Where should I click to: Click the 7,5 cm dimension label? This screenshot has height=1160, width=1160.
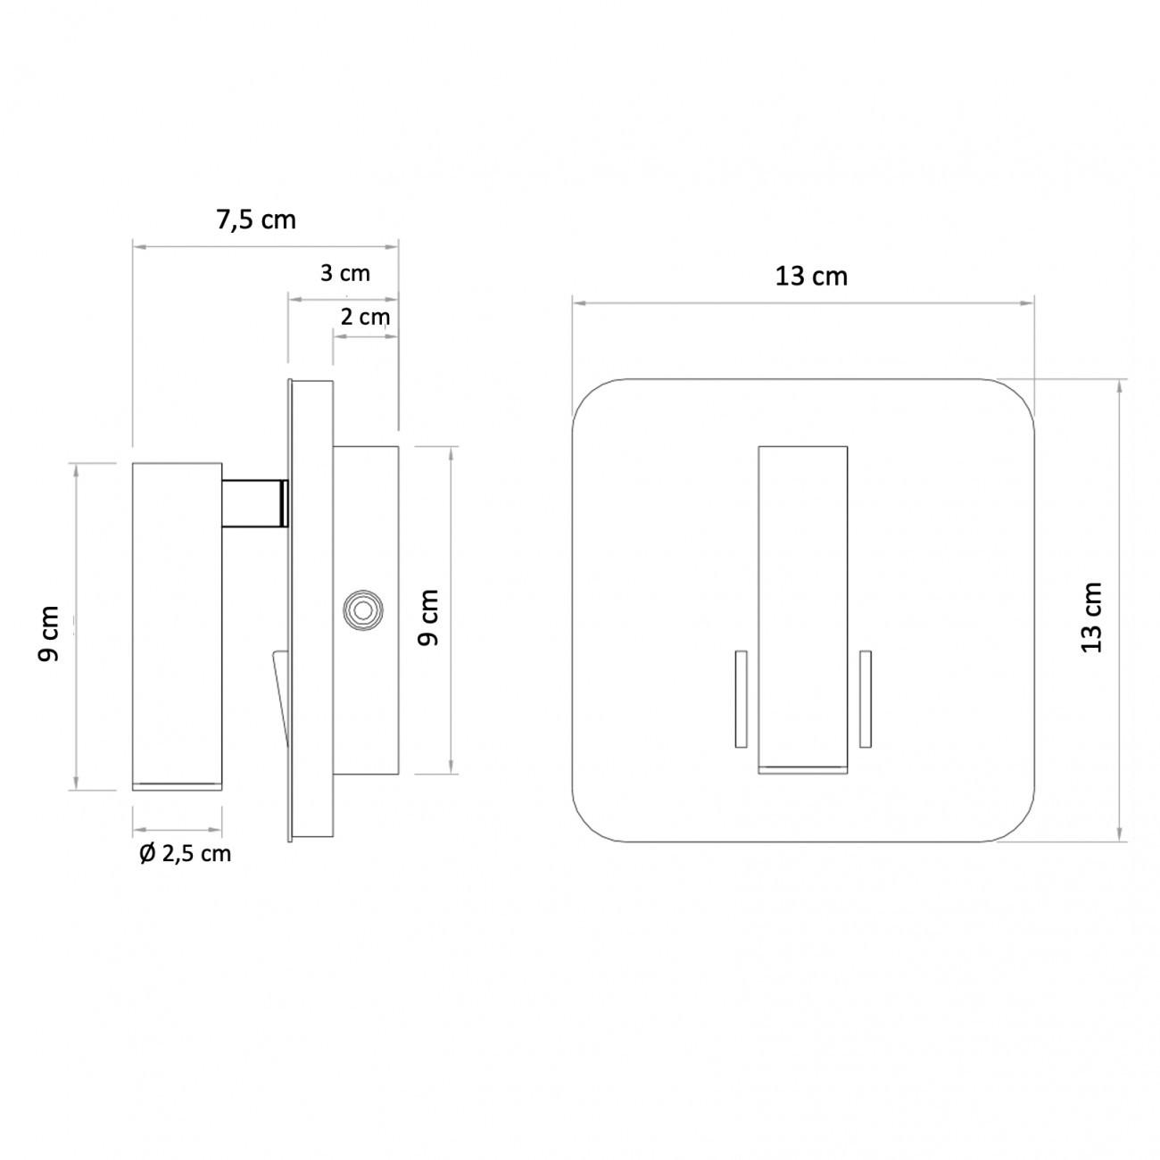pyautogui.click(x=256, y=220)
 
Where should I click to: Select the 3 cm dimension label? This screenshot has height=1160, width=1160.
pyautogui.click(x=345, y=273)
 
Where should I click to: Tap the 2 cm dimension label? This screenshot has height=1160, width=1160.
pyautogui.click(x=365, y=317)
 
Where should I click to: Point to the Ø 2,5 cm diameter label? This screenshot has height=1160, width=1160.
pyautogui.click(x=186, y=854)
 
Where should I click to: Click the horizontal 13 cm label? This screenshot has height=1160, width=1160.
pyautogui.click(x=811, y=277)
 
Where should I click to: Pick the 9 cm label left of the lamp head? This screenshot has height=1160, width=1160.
pyautogui.click(x=49, y=634)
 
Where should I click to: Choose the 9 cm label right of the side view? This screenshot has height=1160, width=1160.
pyautogui.click(x=429, y=617)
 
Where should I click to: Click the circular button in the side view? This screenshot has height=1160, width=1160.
pyautogui.click(x=362, y=610)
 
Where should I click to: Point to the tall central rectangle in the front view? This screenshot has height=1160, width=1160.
pyautogui.click(x=802, y=607)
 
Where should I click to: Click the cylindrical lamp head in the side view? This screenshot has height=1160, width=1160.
pyautogui.click(x=178, y=625)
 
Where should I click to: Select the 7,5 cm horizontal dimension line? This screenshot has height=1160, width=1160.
pyautogui.click(x=265, y=247)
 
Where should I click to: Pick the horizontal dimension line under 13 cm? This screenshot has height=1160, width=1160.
pyautogui.click(x=802, y=303)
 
